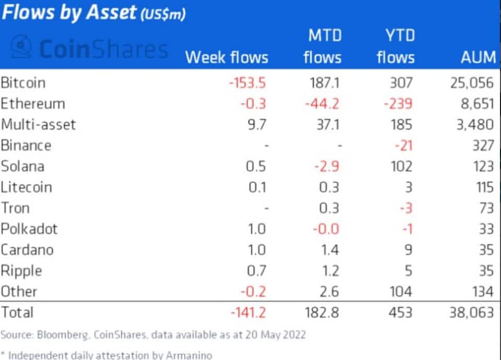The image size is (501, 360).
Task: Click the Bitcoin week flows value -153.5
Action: point(247,83)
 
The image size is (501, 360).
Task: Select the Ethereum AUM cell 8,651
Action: point(478,104)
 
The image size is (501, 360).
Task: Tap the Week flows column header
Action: point(226,57)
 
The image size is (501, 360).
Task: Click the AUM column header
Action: point(479,57)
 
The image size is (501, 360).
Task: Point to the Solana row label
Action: point(22,166)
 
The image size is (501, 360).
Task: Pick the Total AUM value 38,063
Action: point(472,313)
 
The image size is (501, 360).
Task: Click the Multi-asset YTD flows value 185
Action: point(402,125)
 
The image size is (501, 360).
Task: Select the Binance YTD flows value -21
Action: point(403,146)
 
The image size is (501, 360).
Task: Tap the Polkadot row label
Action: point(29,229)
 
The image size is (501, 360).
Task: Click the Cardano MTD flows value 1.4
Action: point(330,250)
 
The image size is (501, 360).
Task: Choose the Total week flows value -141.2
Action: point(248,313)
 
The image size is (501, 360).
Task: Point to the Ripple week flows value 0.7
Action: point(257,271)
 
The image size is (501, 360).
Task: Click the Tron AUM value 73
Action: point(486,208)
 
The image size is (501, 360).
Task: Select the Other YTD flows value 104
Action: point(401,292)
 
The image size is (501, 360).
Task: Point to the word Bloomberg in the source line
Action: point(62,335)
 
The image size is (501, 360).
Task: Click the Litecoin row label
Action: point(26,187)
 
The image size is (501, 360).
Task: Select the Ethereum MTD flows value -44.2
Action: point(322,104)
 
